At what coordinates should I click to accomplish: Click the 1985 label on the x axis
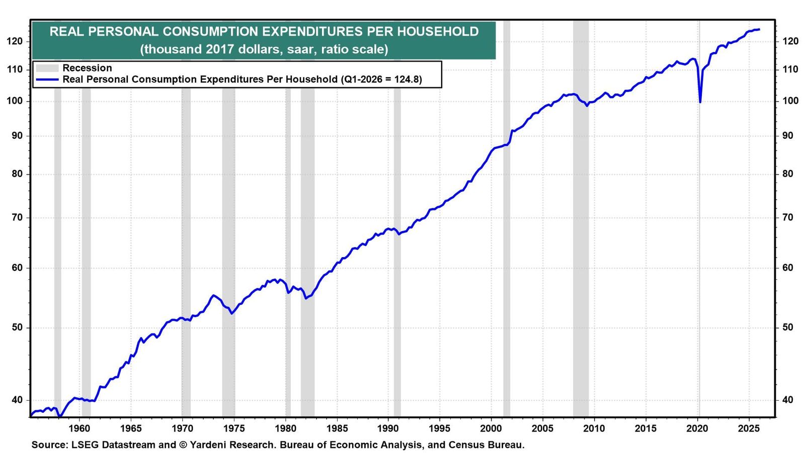click(x=337, y=428)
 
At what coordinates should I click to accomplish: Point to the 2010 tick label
click(x=594, y=428)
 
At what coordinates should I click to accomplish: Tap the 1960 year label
click(x=79, y=428)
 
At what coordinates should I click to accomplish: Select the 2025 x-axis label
click(x=749, y=428)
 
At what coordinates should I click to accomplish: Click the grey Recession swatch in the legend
click(x=47, y=68)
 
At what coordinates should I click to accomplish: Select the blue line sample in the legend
click(x=47, y=80)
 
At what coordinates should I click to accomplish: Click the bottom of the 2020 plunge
click(x=700, y=103)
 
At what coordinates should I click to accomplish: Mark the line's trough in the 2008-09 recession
click(x=587, y=106)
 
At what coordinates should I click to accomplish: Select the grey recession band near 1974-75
click(x=228, y=252)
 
